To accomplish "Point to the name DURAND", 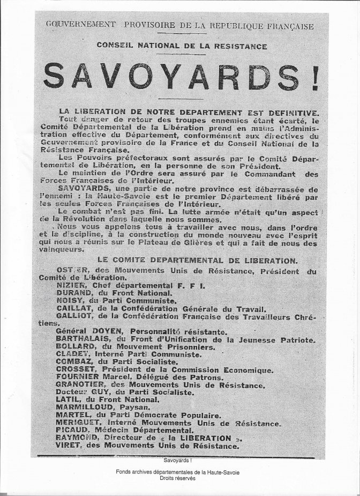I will click(x=70, y=294).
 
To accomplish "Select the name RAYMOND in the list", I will click(x=73, y=438).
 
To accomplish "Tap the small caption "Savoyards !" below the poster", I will click(x=180, y=460).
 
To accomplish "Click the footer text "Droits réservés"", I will click(x=180, y=479).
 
